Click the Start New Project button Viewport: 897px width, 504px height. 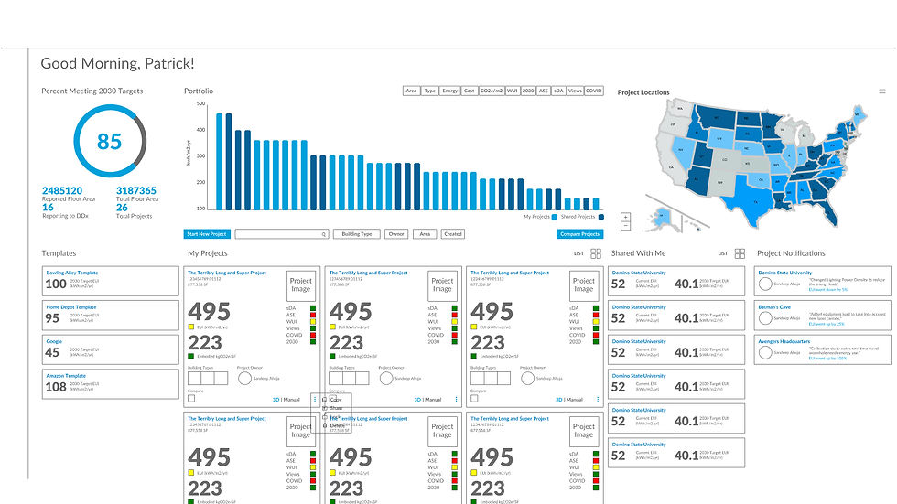pyautogui.click(x=206, y=234)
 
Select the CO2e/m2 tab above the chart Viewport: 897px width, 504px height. pyautogui.click(x=495, y=91)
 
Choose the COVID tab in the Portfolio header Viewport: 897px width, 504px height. pyautogui.click(x=594, y=91)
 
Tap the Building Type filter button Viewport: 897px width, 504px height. pyautogui.click(x=356, y=234)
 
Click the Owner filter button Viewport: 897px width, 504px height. pyautogui.click(x=395, y=234)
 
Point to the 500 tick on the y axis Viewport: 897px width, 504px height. pyautogui.click(x=200, y=104)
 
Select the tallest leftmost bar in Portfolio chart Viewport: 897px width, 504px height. pyautogui.click(x=220, y=161)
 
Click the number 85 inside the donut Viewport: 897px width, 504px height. pyautogui.click(x=109, y=142)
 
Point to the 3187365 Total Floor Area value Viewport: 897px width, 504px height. pyautogui.click(x=135, y=190)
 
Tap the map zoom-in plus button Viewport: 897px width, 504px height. pyautogui.click(x=625, y=218)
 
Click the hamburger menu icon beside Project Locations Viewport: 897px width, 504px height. pyautogui.click(x=882, y=91)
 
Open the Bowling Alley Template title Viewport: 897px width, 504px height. pyautogui.click(x=72, y=273)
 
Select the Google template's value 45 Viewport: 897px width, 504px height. pyautogui.click(x=52, y=352)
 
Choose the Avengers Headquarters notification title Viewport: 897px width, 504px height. pyautogui.click(x=784, y=341)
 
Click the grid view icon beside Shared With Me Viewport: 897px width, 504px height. pyautogui.click(x=740, y=253)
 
